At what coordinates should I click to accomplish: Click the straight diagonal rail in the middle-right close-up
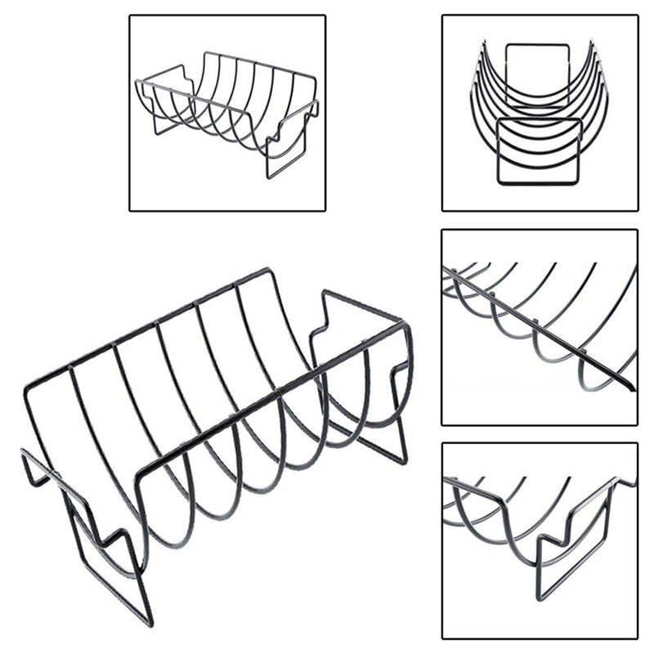(x=540, y=327)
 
